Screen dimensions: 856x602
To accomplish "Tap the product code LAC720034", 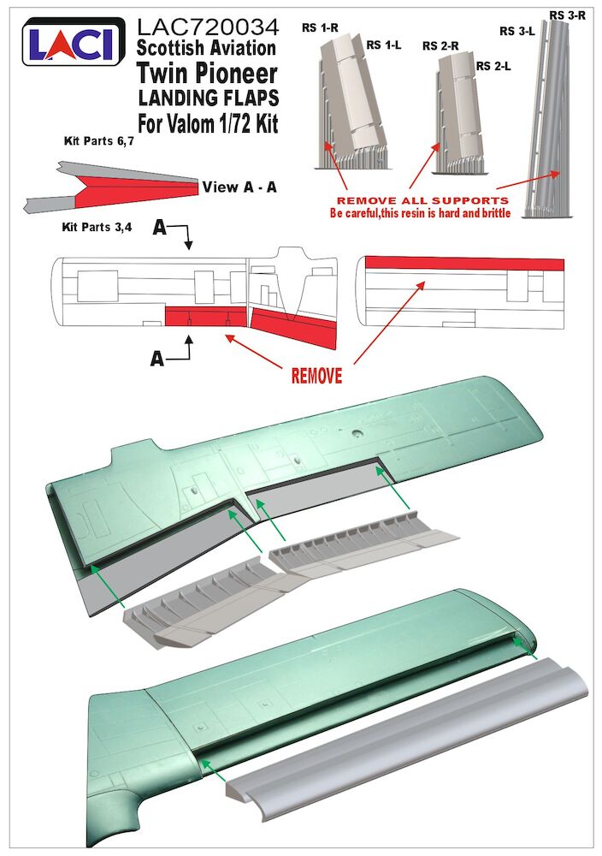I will click(207, 27).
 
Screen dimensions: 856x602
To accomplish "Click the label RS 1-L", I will click(384, 44).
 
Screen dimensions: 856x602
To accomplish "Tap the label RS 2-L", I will click(494, 66).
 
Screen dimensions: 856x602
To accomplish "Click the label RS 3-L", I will click(517, 32).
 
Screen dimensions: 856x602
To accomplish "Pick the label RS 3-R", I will click(567, 15).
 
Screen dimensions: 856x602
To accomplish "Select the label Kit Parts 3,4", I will click(99, 229).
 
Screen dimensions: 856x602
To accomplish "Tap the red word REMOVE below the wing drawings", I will click(316, 376).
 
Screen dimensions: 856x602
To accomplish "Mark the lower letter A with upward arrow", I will click(157, 360).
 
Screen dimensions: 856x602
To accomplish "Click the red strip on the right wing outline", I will click(463, 263).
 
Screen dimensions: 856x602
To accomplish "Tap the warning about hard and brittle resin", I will click(420, 213).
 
